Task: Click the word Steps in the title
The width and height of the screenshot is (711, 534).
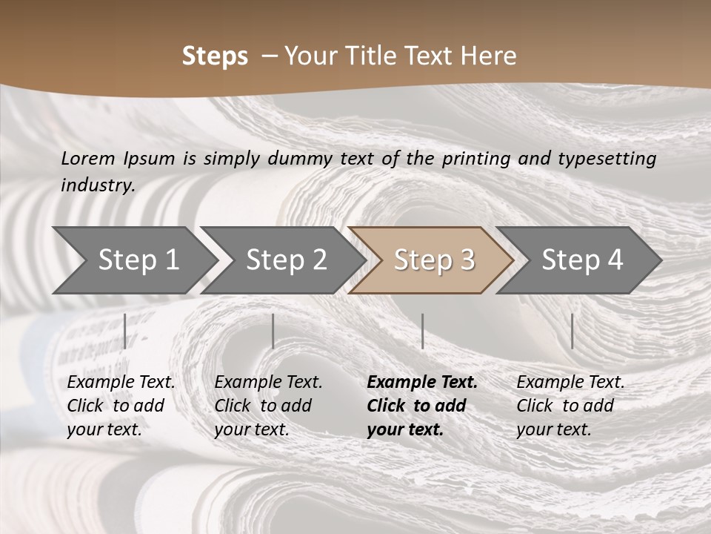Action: point(215,56)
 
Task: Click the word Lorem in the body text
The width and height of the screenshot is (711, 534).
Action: point(87,158)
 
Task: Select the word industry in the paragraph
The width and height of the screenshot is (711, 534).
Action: point(97,185)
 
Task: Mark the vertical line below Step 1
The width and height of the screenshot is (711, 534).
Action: point(124,331)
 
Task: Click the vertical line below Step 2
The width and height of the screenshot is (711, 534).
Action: point(273,331)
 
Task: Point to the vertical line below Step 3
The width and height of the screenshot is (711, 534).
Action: point(422,331)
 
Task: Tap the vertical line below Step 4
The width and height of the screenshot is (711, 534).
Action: point(572,331)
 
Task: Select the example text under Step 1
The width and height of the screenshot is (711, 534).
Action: point(121,405)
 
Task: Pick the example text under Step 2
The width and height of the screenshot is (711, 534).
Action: point(268,405)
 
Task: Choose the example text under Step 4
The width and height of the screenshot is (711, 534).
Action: point(570,405)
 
